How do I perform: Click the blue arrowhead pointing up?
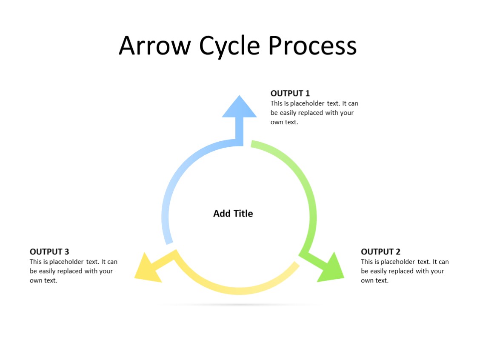[239, 108]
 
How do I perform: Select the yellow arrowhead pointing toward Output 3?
[146, 269]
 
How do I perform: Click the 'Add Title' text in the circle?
[233, 214]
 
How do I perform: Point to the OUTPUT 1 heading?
[290, 94]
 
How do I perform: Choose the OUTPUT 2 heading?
[380, 251]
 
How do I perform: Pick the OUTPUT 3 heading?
[49, 251]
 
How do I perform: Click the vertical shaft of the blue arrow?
[240, 130]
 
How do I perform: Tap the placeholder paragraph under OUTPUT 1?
[314, 113]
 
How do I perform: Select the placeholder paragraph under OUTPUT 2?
[404, 271]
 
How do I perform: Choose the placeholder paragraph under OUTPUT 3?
[73, 271]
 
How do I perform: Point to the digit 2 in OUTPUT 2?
[397, 251]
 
